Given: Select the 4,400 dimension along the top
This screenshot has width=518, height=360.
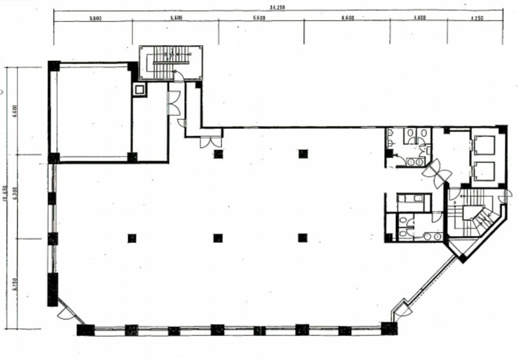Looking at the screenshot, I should pos(419,18).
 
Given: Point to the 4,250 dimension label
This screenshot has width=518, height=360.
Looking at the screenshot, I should pos(477,18).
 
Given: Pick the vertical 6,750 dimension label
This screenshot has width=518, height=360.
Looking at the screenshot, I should pos(16,284).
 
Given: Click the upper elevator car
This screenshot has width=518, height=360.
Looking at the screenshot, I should pos(484,145).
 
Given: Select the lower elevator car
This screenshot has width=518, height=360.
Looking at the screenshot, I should pos(484,171).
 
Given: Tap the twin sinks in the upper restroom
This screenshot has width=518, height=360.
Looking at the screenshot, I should pos(415,161).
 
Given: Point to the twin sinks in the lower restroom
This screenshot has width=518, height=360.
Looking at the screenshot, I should pos(432,236).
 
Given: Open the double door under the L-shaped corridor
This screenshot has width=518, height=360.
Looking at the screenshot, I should pos(211,142).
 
